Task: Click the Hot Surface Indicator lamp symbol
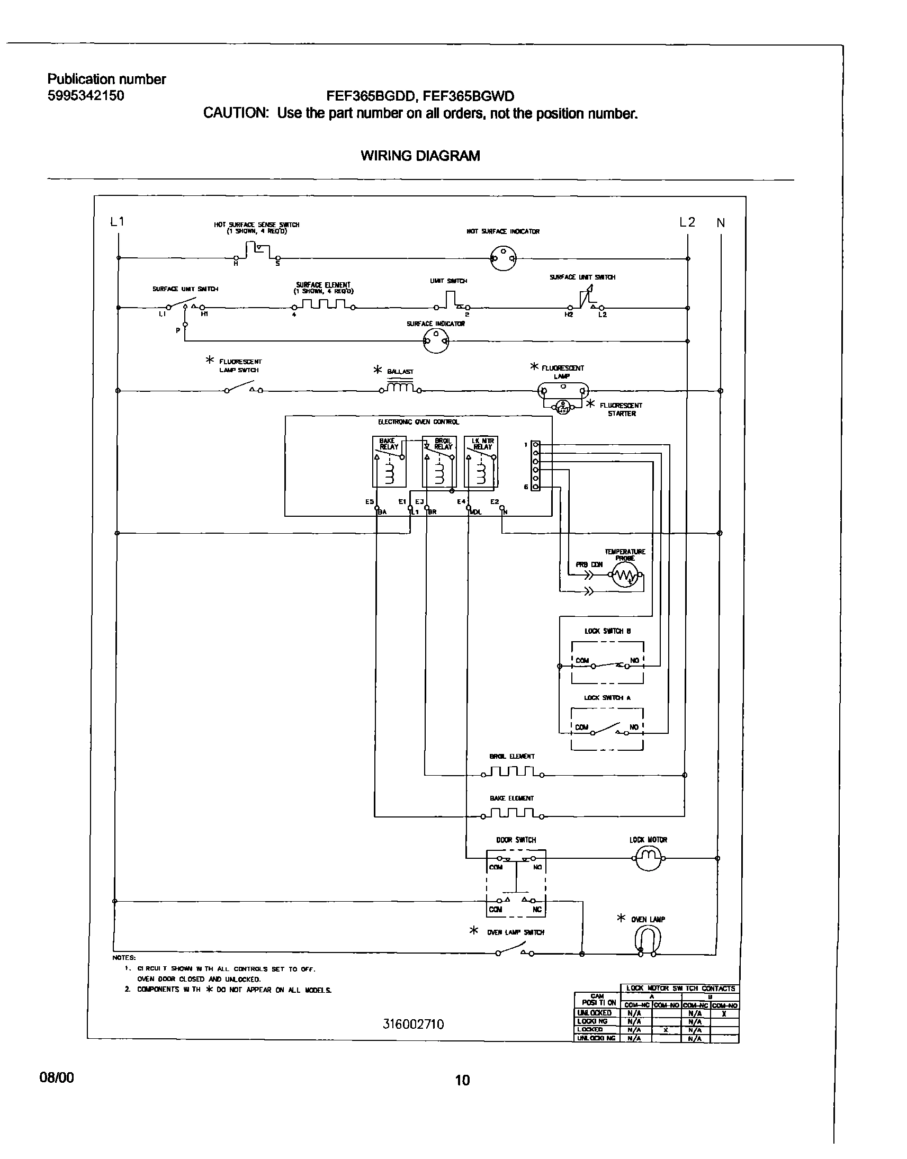502,258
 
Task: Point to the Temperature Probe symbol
625,575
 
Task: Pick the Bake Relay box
389,461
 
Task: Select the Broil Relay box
439,461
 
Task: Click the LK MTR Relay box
481,461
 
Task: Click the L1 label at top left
117,221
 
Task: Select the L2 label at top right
687,222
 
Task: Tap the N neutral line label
721,223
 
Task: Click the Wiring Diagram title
420,156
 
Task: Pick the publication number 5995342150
86,95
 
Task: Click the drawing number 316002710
413,1024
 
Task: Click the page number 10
463,1080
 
